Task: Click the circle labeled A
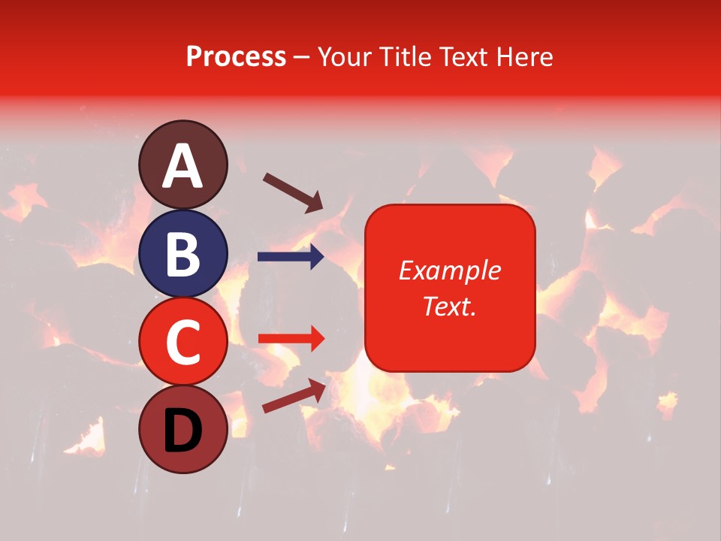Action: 183,165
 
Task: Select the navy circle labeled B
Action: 183,253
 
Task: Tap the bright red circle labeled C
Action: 183,341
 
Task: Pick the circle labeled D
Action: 183,429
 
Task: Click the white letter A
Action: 183,166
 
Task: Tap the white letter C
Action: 183,342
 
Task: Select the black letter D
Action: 183,431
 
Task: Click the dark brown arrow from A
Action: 292,192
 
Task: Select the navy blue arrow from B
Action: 291,257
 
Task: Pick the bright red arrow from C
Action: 291,339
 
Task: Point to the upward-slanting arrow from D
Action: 294,395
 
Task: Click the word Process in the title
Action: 236,57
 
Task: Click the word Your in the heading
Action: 345,57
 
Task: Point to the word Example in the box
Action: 449,270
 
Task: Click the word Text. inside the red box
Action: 449,306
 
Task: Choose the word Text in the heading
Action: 460,57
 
